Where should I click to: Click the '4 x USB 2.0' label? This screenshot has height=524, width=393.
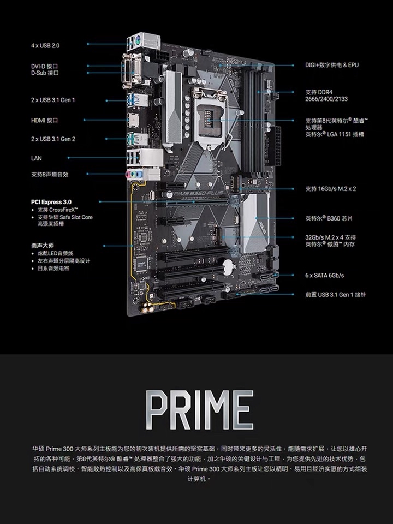45,45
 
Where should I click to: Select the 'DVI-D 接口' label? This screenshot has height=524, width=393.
45,65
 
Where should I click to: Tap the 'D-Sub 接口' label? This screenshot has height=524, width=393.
45,73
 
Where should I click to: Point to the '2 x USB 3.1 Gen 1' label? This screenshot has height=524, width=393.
53,100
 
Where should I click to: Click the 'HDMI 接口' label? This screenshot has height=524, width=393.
44,120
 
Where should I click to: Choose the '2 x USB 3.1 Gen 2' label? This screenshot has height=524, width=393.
53,139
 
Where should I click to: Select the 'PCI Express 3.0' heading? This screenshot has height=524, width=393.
51,201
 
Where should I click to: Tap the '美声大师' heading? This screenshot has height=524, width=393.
42,246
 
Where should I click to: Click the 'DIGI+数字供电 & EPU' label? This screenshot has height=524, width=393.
331,65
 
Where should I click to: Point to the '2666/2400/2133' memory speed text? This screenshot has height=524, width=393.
326,99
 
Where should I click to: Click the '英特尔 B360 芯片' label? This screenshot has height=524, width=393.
329,218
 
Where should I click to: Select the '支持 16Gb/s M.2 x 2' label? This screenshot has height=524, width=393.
331,189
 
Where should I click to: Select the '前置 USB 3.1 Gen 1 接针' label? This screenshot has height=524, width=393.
335,294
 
